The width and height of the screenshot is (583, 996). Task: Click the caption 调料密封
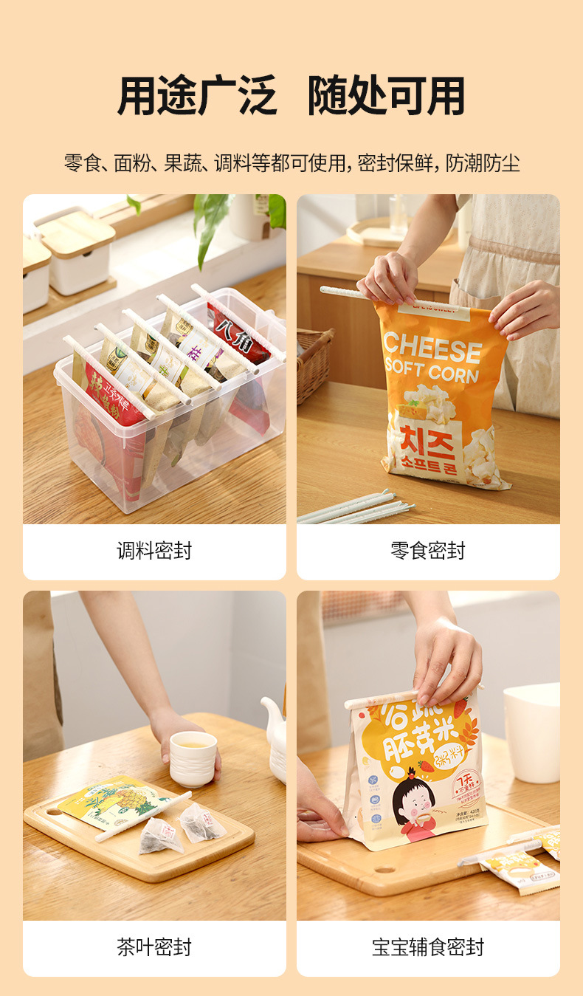154,551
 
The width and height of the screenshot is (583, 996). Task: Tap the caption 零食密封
428,551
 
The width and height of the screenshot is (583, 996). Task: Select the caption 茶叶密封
154,947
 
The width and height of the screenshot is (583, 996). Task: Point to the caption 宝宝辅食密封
428,947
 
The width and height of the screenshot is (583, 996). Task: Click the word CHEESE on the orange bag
432,346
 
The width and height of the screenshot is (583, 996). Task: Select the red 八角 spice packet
238,335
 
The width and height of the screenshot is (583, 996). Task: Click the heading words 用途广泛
197,96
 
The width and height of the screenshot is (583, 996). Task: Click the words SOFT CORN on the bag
432,371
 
